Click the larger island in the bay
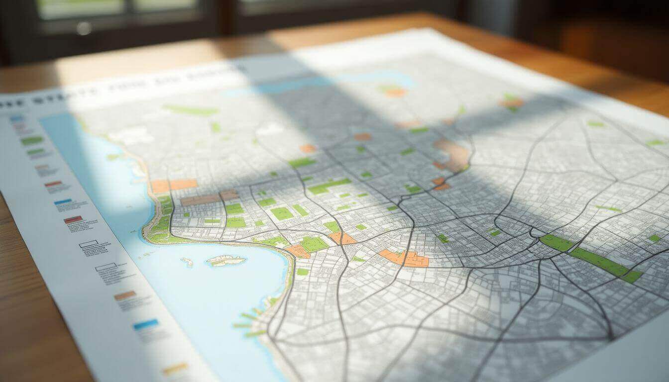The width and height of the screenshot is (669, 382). pyautogui.click(x=226, y=260)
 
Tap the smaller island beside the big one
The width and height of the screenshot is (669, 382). pyautogui.click(x=187, y=261)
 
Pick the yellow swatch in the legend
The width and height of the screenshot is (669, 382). pyautogui.click(x=175, y=369)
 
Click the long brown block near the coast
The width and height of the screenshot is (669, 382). pyautogui.click(x=201, y=199)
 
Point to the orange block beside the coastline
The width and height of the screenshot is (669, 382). pyautogui.click(x=174, y=185)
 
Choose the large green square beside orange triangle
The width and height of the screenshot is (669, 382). pyautogui.click(x=314, y=244)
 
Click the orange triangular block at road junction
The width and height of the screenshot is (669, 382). pyautogui.click(x=342, y=238)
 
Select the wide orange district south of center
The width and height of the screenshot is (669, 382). pyautogui.click(x=404, y=258)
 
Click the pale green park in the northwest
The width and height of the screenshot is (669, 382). pyautogui.click(x=191, y=110)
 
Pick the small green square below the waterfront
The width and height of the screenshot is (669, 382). pyautogui.click(x=302, y=272)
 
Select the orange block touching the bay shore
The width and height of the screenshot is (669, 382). pyautogui.click(x=298, y=251)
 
